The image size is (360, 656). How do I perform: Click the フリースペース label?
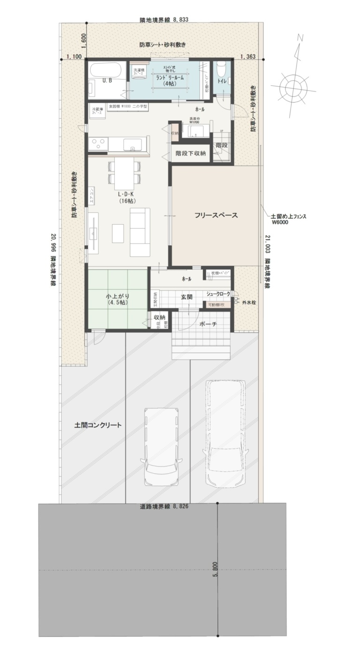pyautogui.click(x=216, y=216)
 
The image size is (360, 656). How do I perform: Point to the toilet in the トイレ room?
pyautogui.click(x=221, y=70)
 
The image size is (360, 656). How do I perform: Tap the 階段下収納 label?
pyautogui.click(x=190, y=153)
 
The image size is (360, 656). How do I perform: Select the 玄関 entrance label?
pyautogui.click(x=187, y=297)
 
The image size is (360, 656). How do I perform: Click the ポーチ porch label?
pyautogui.click(x=208, y=324)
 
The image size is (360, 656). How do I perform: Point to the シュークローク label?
pyautogui.click(x=218, y=294)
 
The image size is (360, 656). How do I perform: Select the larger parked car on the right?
pyautogui.click(x=226, y=431)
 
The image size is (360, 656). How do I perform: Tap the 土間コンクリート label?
pyautogui.click(x=98, y=425)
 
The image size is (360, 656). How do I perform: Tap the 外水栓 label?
pyautogui.click(x=247, y=302)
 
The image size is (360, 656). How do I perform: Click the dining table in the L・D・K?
pyautogui.click(x=124, y=171)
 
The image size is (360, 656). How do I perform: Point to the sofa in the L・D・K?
pyautogui.click(x=140, y=232)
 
